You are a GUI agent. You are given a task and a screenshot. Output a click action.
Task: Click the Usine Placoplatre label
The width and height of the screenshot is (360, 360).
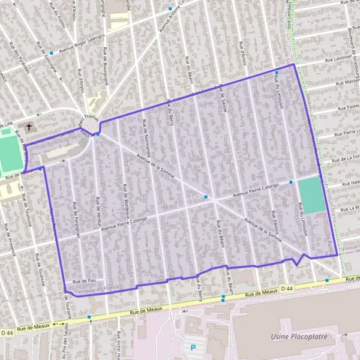click(x=299, y=337)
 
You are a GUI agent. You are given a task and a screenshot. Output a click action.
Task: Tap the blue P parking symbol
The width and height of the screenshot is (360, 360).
click(x=193, y=347)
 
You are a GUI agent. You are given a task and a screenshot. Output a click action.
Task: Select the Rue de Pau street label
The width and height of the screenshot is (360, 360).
click(x=84, y=281)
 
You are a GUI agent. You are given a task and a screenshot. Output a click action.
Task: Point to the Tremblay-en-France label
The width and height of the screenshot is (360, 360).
click(x=96, y=289)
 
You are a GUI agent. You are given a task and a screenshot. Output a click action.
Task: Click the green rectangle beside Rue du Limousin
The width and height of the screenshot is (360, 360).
click(x=311, y=194)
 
